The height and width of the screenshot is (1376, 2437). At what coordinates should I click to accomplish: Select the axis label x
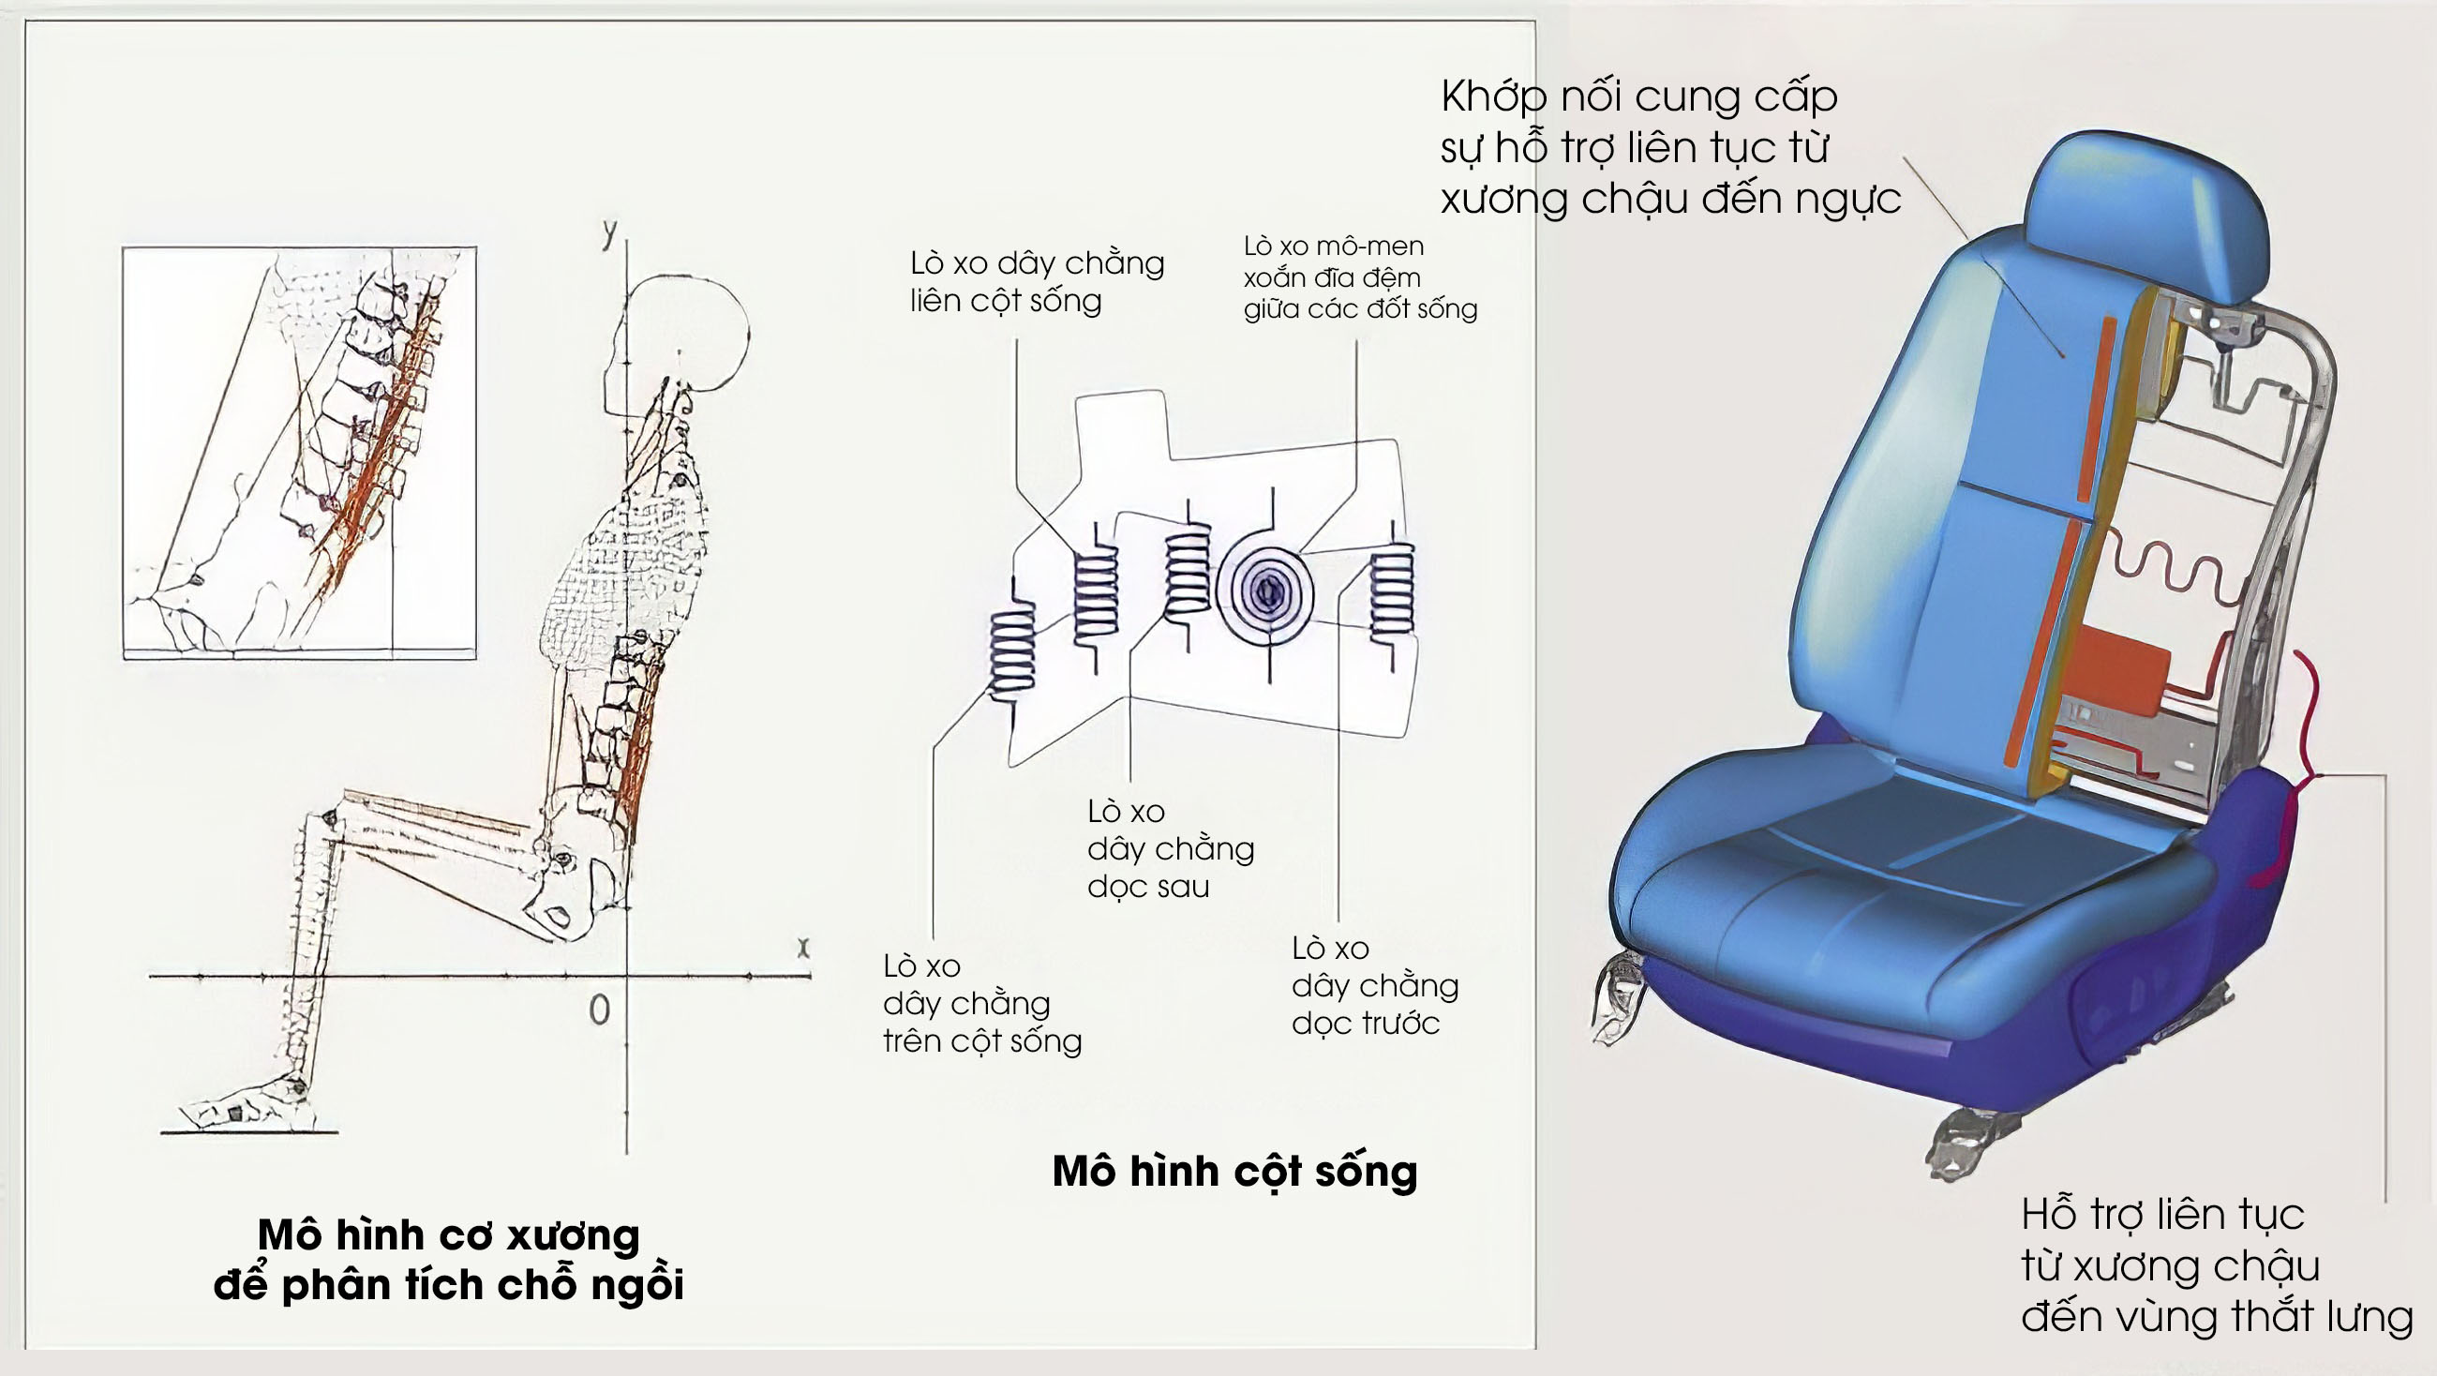click(x=803, y=947)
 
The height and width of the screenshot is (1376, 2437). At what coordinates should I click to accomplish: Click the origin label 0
click(x=599, y=1010)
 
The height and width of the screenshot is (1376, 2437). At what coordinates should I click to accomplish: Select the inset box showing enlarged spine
click(x=299, y=453)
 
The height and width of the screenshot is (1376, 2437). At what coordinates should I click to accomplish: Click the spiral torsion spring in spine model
click(x=1265, y=592)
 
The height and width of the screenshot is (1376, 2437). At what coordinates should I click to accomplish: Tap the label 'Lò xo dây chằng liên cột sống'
click(x=1036, y=281)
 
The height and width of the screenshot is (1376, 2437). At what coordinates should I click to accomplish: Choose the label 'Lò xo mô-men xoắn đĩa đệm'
click(x=1359, y=277)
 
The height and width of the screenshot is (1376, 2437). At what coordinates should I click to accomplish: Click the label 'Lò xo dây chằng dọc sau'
click(x=1170, y=848)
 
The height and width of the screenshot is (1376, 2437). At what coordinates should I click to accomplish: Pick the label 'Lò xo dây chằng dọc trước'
click(x=1374, y=985)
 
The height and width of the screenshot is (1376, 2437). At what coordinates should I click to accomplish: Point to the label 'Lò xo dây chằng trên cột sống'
click(x=981, y=1003)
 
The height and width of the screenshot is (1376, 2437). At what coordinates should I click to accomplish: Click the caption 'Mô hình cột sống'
click(x=1234, y=1172)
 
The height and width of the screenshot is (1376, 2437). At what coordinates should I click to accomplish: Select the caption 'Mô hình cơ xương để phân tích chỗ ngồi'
click(x=448, y=1260)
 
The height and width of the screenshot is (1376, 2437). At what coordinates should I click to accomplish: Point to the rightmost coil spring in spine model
click(x=1392, y=593)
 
